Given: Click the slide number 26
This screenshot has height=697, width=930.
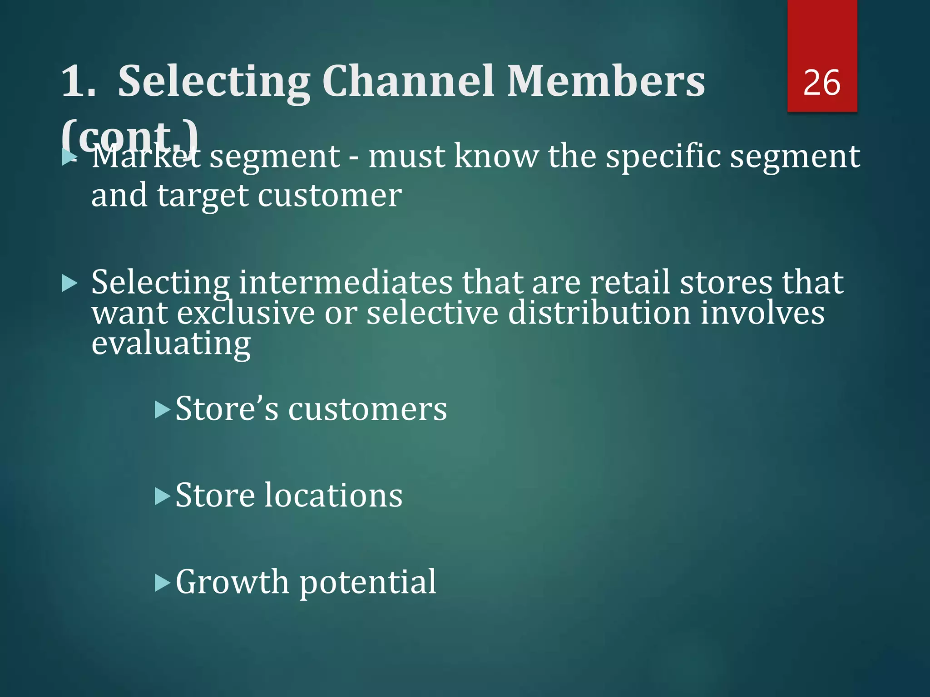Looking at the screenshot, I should pos(821,83).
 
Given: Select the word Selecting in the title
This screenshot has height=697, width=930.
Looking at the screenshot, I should pos(213,82).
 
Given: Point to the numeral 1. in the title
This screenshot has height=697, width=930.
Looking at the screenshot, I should pos(78,82).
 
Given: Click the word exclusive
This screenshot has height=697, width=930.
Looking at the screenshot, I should pos(245,313).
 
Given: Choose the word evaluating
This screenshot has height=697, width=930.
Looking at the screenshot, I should pos(171,344).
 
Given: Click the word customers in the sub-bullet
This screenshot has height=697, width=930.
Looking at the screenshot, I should pos(368,409).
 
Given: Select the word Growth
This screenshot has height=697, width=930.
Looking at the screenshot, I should pos(232,582).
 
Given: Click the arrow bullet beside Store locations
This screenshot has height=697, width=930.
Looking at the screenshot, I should pos(162,496).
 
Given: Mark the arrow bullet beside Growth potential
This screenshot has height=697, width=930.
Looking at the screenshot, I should pos(162,583).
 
